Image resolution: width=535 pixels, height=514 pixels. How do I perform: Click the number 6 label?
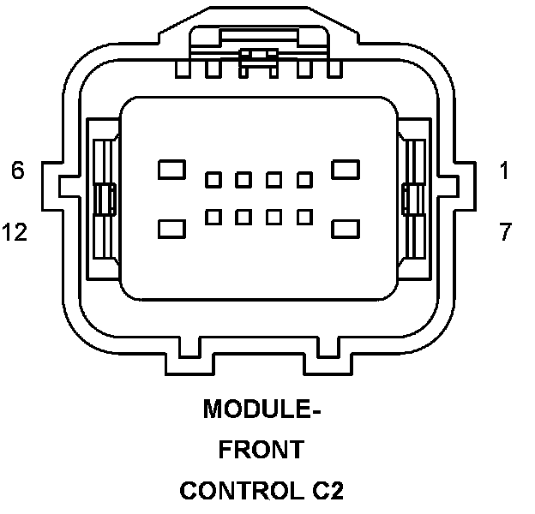(x=17, y=170)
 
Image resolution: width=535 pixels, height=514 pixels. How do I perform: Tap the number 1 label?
(x=504, y=170)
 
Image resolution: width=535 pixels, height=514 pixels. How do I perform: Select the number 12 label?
(x=15, y=231)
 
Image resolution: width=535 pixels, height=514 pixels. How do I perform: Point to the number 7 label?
(x=505, y=231)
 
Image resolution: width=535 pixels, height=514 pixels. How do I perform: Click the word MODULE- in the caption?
(x=261, y=409)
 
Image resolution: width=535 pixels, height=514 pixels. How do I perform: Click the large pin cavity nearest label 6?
(x=171, y=168)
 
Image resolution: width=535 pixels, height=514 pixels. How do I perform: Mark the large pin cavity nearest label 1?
(x=346, y=168)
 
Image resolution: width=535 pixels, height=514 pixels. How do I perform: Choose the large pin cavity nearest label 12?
(x=172, y=229)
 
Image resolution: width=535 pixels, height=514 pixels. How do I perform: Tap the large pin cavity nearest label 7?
(x=346, y=229)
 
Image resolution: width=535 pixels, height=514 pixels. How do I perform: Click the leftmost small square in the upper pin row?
(x=213, y=180)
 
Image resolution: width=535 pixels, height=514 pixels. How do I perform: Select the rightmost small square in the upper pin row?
(x=304, y=180)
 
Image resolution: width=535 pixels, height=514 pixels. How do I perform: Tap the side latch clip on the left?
(x=105, y=200)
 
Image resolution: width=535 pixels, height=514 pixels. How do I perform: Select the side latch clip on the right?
(x=413, y=200)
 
